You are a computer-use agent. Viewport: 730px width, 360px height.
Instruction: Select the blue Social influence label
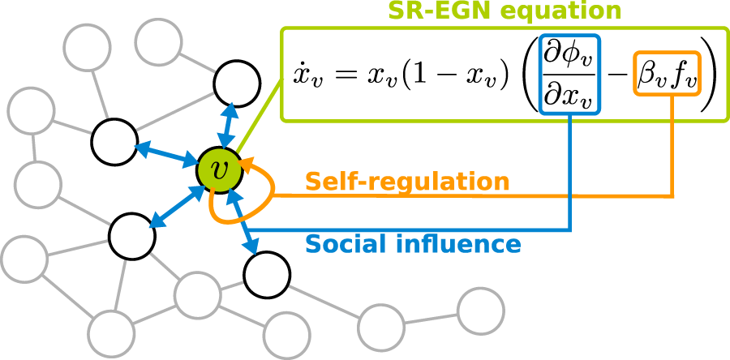click(412, 242)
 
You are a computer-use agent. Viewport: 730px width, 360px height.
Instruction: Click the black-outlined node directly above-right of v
click(236, 83)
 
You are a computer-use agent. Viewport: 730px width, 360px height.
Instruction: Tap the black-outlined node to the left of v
click(114, 141)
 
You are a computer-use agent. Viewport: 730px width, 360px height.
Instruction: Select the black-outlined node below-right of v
click(266, 275)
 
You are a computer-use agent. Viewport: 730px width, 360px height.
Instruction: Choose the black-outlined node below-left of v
click(131, 234)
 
